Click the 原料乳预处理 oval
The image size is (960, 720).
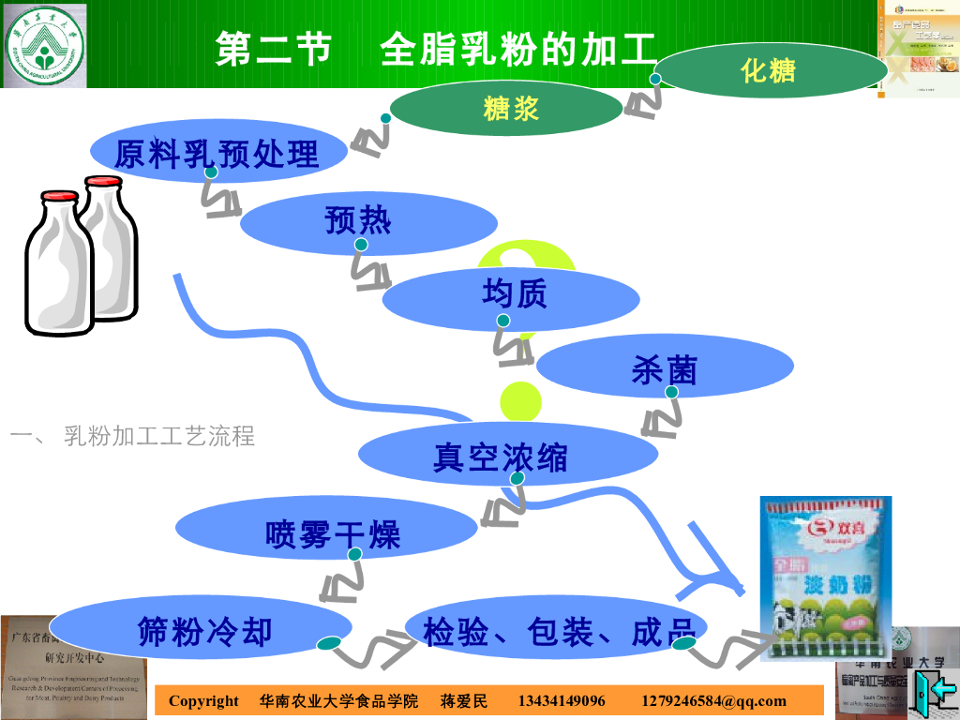[217, 152]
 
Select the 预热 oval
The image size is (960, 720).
[367, 221]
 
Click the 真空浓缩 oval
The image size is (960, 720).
[508, 457]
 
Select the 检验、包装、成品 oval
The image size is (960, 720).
[557, 631]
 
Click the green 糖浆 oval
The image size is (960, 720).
[511, 109]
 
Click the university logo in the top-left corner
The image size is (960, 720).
[43, 44]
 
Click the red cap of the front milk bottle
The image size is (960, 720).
[59, 199]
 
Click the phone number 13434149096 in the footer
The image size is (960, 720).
[562, 701]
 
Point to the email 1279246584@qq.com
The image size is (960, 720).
[713, 701]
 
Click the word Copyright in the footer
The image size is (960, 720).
[203, 701]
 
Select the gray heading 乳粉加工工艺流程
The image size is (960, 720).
[159, 436]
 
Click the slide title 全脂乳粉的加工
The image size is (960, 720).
[517, 49]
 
